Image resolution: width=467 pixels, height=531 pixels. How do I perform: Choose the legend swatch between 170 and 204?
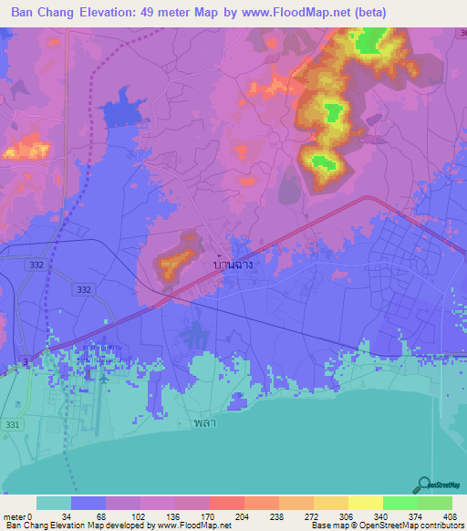226,503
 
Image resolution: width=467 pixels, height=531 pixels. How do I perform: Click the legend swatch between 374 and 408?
435,503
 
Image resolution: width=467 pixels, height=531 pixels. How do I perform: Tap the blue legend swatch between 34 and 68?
88,503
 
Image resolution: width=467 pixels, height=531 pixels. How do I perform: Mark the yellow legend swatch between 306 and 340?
365,503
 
